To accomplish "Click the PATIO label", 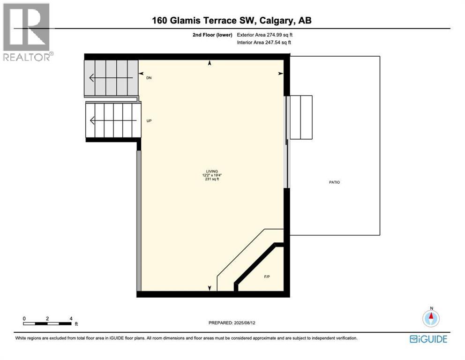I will pyautogui.click(x=335, y=182).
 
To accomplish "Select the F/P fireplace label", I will pyautogui.click(x=267, y=277).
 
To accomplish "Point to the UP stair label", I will pyautogui.click(x=149, y=121).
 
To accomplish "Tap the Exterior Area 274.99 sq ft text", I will pyautogui.click(x=265, y=35).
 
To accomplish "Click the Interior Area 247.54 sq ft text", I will pyautogui.click(x=264, y=43).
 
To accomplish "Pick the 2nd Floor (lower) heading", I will pyautogui.click(x=211, y=35).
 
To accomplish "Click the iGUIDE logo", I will pyautogui.click(x=428, y=339).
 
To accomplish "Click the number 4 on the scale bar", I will pyautogui.click(x=71, y=318).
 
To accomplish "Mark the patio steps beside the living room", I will pyautogui.click(x=301, y=117).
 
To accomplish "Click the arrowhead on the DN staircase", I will pyautogui.click(x=92, y=77).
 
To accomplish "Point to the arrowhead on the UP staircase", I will pyautogui.click(x=92, y=121).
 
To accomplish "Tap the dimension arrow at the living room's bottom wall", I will pyautogui.click(x=210, y=288).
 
